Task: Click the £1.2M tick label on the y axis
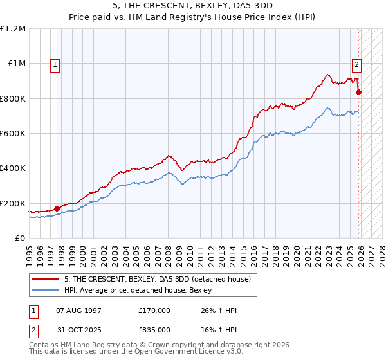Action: point(14,29)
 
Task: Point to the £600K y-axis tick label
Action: point(12,134)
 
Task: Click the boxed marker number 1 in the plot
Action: point(55,64)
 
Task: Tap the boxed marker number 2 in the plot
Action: point(356,64)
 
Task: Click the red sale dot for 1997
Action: point(57,208)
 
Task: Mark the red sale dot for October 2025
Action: point(359,92)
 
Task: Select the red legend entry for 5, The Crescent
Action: point(161,278)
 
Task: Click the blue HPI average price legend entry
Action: point(142,291)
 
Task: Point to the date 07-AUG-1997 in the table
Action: point(76,310)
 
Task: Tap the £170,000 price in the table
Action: point(154,310)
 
